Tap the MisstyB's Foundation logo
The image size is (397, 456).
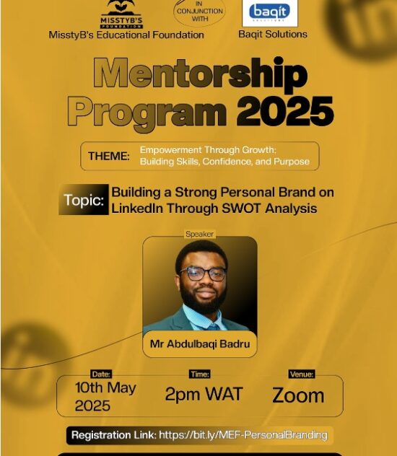coord(121,14)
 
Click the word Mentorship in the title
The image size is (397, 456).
coord(200,74)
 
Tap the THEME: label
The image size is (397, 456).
coord(109,156)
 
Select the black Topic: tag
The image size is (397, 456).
coord(84,200)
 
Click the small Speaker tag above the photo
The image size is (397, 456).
coord(200,234)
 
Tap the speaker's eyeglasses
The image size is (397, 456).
coord(203,273)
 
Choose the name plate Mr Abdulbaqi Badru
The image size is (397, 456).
coord(199,344)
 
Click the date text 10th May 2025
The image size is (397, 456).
coord(105,396)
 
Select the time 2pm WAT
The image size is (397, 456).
coord(204,394)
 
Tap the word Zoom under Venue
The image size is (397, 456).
coord(297,395)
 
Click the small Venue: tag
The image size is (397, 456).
coord(301,374)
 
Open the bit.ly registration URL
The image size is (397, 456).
coord(243,435)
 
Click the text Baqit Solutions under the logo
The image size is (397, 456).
coord(272,34)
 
